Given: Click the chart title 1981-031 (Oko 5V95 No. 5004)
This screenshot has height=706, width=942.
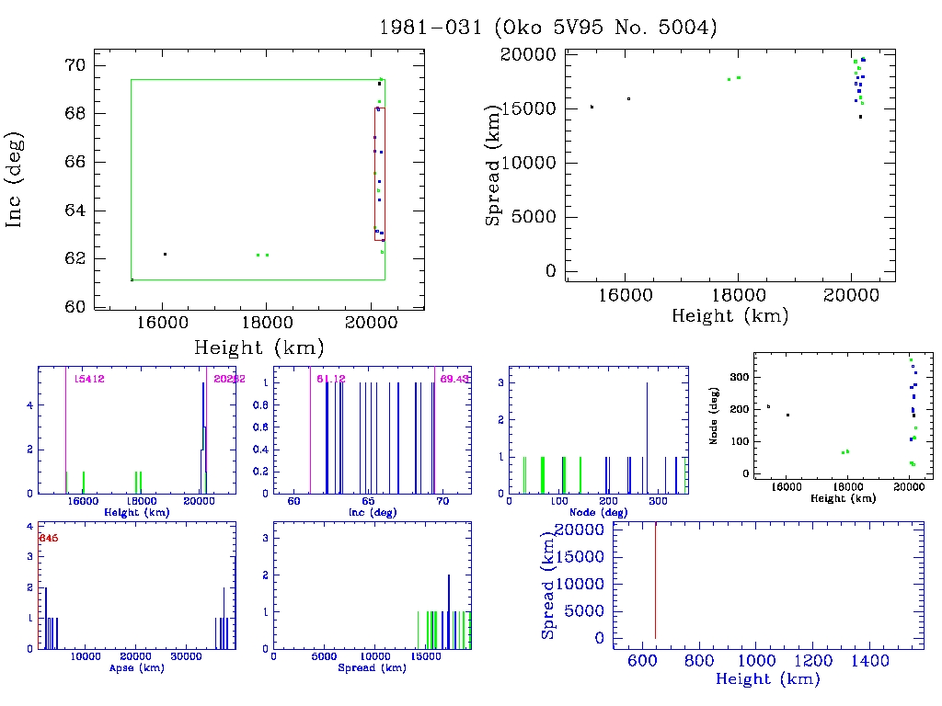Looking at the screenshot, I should tap(548, 28).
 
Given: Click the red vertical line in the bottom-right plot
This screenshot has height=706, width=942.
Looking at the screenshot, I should tap(655, 579).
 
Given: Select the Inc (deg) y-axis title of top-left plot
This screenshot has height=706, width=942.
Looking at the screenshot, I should tap(16, 180).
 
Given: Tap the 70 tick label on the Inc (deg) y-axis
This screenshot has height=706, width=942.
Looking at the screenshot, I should tap(75, 65).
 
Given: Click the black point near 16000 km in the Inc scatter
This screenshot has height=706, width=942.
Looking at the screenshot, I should tap(165, 254).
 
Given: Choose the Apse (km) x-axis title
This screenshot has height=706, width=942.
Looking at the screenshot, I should tap(136, 668).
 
